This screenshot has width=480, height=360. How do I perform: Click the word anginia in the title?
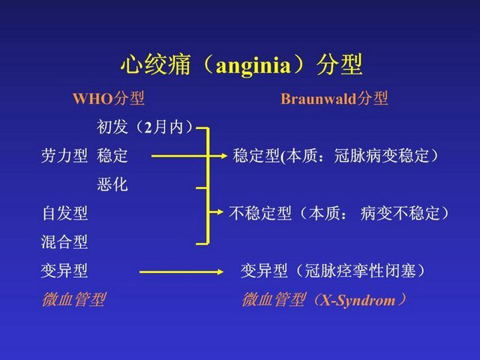pos(253,66)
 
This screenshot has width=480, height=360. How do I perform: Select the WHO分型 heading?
pos(108,98)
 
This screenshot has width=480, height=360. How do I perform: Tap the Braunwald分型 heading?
pos(334,98)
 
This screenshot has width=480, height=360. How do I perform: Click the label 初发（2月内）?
pos(145,127)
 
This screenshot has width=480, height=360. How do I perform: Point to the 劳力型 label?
pos(64,155)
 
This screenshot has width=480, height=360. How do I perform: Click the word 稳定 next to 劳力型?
pos(112,155)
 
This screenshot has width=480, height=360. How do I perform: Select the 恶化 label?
pos(112,184)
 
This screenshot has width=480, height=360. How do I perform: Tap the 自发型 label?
pos(64,213)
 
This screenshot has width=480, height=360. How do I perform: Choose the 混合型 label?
pos(64,242)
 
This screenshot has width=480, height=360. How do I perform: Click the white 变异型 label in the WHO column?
pos(64,271)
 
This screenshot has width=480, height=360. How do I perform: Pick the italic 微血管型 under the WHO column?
pos(73,299)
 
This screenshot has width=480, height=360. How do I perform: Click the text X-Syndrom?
pos(358,300)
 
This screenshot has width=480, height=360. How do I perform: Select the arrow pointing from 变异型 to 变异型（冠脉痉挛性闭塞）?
pos(181,271)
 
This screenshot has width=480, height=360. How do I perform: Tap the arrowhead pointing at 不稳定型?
pos(219,211)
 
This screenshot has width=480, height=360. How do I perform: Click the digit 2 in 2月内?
pos(148,127)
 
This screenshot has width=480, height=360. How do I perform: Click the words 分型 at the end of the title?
pos(339,64)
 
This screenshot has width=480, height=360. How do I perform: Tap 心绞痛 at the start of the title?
pos(155,64)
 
